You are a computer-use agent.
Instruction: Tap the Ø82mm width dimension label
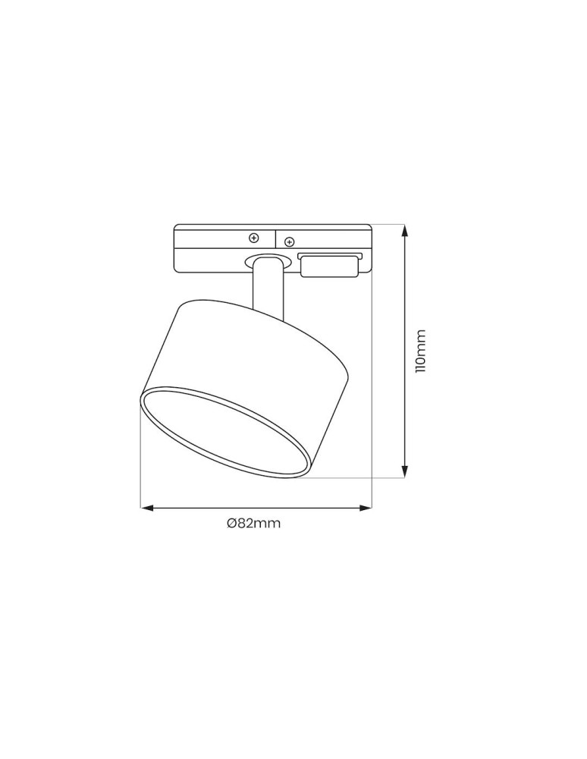pyautogui.click(x=253, y=524)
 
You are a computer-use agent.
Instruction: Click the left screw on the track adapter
pyautogui.click(x=254, y=237)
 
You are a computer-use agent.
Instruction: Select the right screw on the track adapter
pyautogui.click(x=288, y=242)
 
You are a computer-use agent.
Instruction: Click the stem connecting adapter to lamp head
pyautogui.click(x=268, y=288)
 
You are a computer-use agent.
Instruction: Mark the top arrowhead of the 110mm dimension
pyautogui.click(x=405, y=228)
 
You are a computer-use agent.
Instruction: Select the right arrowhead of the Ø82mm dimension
pyautogui.click(x=367, y=507)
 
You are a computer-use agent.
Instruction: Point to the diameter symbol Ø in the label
pyautogui.click(x=231, y=524)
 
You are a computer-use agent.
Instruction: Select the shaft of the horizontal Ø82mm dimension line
pyautogui.click(x=258, y=507)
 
